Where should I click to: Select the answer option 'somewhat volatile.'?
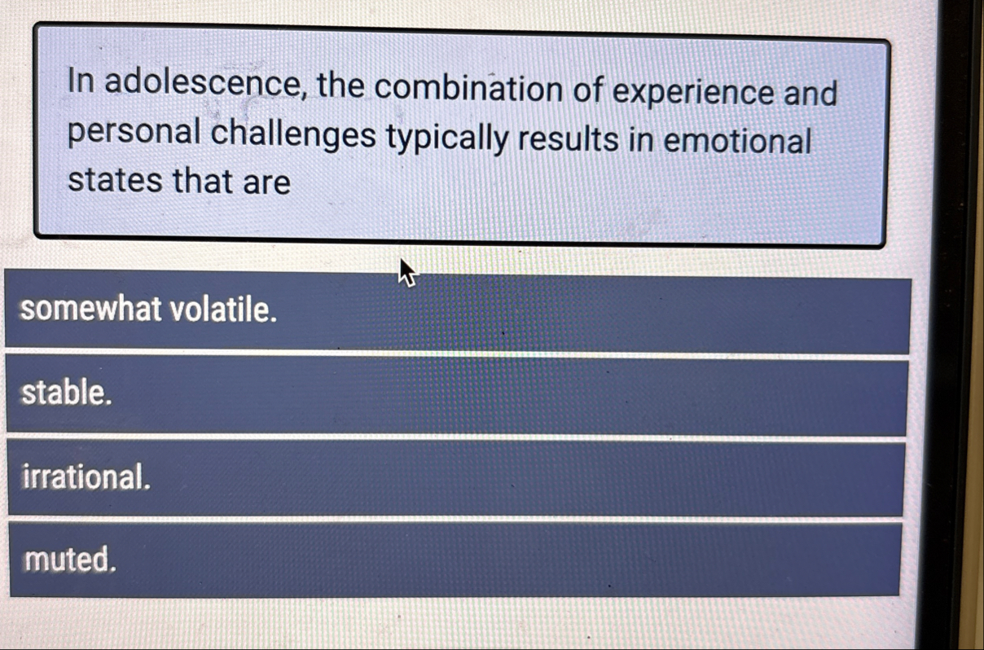(x=457, y=311)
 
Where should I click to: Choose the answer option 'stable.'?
(x=457, y=395)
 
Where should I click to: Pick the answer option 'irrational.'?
(x=456, y=478)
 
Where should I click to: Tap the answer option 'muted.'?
(x=455, y=560)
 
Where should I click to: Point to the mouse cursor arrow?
(x=407, y=272)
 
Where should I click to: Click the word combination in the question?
(x=468, y=87)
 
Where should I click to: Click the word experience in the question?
(x=692, y=93)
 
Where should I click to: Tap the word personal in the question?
(x=134, y=132)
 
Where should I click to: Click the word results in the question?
(x=569, y=139)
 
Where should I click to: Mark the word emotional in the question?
(x=737, y=141)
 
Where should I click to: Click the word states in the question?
(x=115, y=180)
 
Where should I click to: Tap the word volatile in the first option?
(x=223, y=309)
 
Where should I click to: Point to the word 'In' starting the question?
(x=81, y=81)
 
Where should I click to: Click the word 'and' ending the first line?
(x=811, y=93)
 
